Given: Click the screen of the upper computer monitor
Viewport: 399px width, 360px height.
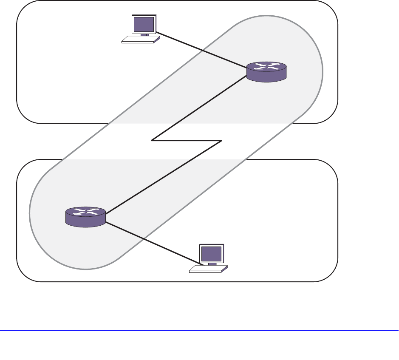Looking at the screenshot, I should coord(144,25).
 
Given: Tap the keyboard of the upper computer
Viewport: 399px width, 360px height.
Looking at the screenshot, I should coord(141,40).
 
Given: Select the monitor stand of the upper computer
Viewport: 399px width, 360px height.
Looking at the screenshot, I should coord(144,35).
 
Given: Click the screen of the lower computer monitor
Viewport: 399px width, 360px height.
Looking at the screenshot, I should coord(212,254).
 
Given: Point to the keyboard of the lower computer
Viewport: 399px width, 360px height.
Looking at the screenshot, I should coord(208,269).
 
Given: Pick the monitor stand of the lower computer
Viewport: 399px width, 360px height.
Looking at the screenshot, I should coord(212,264).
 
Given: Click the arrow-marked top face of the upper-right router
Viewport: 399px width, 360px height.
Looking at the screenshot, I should coord(266,67).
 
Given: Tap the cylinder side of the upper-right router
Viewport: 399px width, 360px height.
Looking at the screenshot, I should coord(266,77).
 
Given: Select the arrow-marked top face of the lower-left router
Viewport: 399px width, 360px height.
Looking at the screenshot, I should coord(85,212).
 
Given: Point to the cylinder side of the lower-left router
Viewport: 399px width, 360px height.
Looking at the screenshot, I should coord(85,221).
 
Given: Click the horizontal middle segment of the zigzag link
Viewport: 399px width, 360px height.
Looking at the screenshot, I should coord(187,140).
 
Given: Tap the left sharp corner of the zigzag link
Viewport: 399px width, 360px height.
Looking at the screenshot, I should coord(153,140).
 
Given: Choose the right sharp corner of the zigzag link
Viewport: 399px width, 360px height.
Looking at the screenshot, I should coord(221,140).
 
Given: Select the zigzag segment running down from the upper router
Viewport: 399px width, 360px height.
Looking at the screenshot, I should coord(200,109).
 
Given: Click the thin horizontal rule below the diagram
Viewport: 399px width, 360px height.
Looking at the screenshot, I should coord(199,330).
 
